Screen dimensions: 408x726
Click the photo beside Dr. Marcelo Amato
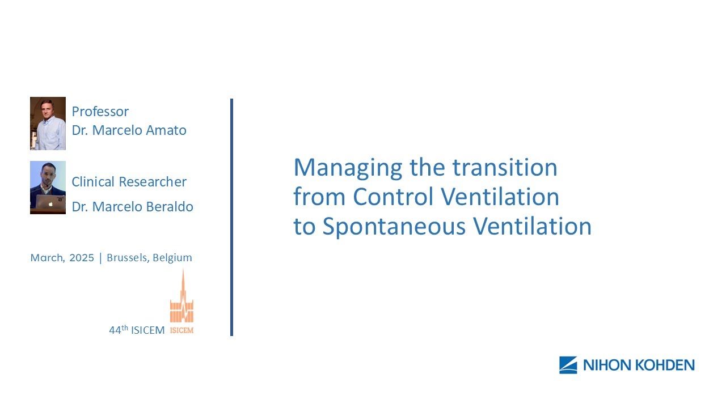pyautogui.click(x=48, y=124)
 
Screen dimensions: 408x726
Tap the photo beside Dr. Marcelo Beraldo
pyautogui.click(x=48, y=187)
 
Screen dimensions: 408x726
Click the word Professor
pyautogui.click(x=100, y=112)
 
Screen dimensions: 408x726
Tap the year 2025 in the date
pyautogui.click(x=82, y=258)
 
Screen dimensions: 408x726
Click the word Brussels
pyautogui.click(x=127, y=258)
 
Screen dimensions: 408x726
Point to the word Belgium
pyautogui.click(x=172, y=258)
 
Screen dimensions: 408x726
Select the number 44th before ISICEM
pyautogui.click(x=118, y=330)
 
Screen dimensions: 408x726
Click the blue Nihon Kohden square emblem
pyautogui.click(x=568, y=365)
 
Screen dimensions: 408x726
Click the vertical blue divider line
pyautogui.click(x=231, y=218)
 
